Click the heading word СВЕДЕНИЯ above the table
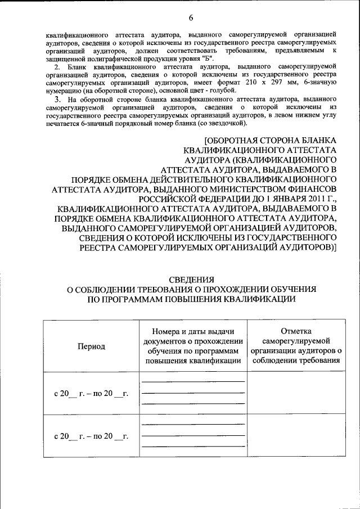coord(191,278)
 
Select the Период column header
coord(91,346)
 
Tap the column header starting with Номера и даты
coord(193,346)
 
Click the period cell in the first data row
coord(91,393)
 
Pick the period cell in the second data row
coord(91,435)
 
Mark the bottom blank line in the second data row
coord(193,446)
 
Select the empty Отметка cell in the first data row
coord(296,393)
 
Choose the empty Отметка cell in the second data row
coord(296,435)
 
